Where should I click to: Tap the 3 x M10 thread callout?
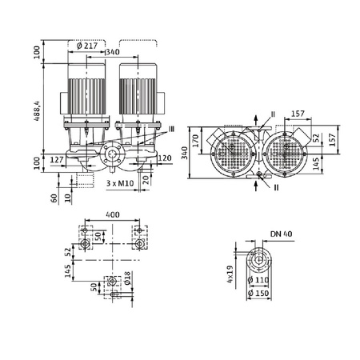tap(121, 184)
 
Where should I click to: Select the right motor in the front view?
tap(135, 88)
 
